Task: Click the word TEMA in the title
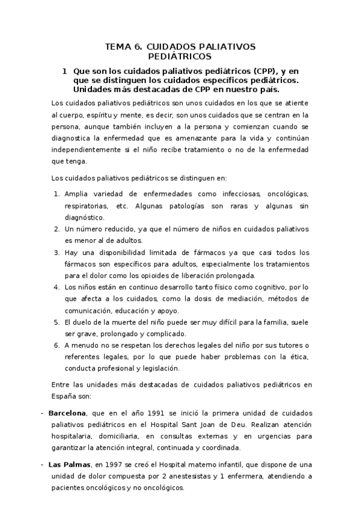(x=118, y=46)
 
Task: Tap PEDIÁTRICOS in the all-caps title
(x=180, y=57)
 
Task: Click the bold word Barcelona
(x=68, y=413)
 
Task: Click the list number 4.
(x=56, y=287)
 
